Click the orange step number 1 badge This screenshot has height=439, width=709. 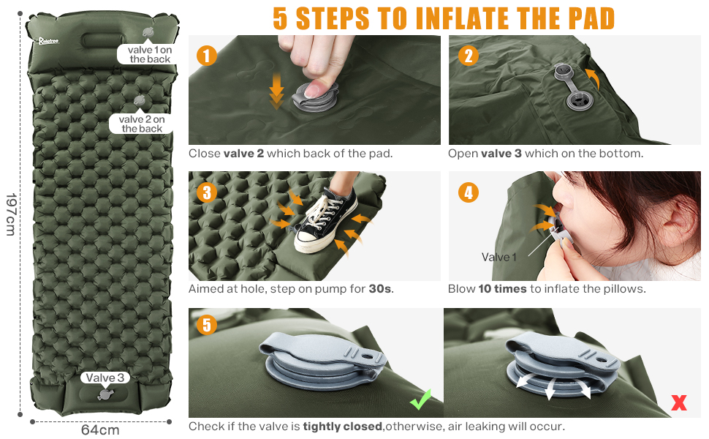[x=207, y=56]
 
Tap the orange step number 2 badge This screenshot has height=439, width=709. [x=468, y=56]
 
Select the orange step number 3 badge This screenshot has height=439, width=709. [x=207, y=193]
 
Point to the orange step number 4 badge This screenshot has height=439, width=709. [x=468, y=193]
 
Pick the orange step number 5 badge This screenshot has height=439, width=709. [x=207, y=325]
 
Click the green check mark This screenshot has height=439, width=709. [x=420, y=399]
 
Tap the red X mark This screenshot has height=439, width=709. [x=679, y=402]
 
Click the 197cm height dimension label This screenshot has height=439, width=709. [x=11, y=214]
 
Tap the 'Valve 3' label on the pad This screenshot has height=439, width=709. [x=105, y=378]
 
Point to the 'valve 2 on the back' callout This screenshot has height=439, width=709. [x=142, y=124]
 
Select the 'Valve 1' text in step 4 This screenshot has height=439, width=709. [x=498, y=257]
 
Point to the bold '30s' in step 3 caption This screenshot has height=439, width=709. [x=380, y=289]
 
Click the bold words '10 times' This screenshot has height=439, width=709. [x=502, y=289]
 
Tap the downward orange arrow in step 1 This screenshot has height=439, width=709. [x=276, y=91]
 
